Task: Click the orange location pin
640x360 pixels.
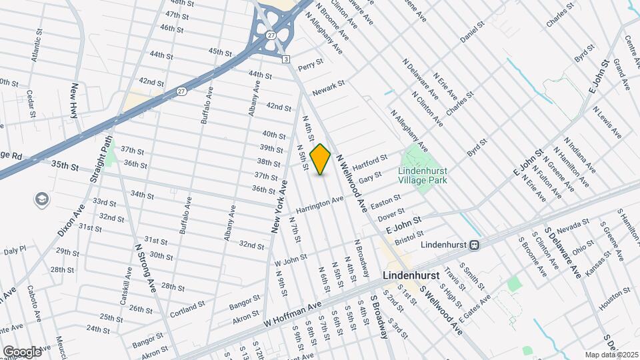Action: point(321,159)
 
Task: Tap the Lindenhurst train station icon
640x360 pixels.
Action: point(474,245)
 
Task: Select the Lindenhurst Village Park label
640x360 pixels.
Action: point(422,175)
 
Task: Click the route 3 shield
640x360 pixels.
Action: point(286,60)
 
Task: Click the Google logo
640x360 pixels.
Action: point(22,351)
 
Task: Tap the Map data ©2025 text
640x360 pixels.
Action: point(611,355)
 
